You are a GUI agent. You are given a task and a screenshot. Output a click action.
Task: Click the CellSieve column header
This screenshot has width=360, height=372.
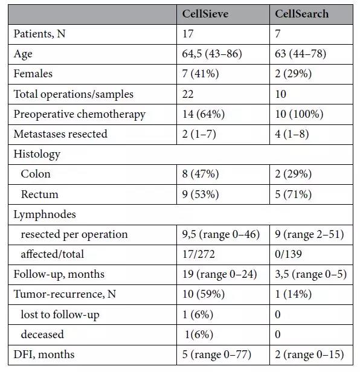[x=205, y=14]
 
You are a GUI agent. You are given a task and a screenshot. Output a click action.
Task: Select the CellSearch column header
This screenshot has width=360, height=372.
[x=301, y=14]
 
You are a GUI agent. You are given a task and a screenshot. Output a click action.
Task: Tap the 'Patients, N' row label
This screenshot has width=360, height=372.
[x=39, y=34]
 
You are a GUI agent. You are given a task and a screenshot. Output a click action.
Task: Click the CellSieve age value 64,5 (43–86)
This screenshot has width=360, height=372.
[x=212, y=54]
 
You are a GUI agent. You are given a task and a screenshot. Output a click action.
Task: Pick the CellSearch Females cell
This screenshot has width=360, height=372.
[x=293, y=74]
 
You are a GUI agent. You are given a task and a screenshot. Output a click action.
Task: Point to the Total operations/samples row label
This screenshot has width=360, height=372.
[x=73, y=94]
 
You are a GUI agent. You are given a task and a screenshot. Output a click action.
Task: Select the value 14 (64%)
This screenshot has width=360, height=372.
[x=204, y=114]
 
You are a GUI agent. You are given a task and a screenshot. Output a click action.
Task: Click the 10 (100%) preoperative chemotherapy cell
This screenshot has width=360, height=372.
[x=299, y=114]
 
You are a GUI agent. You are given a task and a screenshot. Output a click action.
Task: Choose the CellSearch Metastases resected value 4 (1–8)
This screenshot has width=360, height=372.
[x=292, y=134]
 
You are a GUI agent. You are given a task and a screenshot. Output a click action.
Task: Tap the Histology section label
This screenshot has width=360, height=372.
[x=37, y=154]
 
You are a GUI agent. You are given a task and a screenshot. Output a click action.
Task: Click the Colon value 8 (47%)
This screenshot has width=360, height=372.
[x=201, y=174]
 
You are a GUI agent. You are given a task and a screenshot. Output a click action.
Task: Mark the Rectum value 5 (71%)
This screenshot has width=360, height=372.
[x=293, y=194]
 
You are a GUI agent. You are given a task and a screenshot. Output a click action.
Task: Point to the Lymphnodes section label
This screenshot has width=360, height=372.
[x=45, y=214]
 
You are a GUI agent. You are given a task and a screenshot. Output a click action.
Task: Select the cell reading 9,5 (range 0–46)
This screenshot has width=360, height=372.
[x=221, y=235]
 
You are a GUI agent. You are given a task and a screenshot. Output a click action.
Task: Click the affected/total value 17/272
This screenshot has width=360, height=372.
[x=198, y=254]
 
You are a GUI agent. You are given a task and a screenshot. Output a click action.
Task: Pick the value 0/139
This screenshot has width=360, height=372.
[x=288, y=254]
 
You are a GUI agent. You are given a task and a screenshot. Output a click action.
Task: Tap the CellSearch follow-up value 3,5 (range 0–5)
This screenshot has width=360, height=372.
[x=311, y=275]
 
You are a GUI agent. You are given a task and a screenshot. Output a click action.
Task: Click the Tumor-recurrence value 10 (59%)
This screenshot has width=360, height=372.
[x=204, y=295]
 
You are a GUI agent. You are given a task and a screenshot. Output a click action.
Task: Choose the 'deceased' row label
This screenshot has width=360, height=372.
[x=42, y=335]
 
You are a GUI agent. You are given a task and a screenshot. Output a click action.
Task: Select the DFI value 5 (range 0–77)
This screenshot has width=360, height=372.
[x=217, y=354]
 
